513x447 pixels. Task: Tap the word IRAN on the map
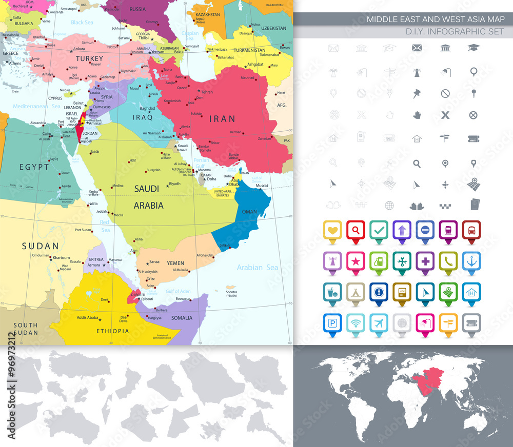pyautogui.click(x=222, y=119)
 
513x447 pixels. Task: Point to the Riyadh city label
pyautogui.click(x=175, y=184)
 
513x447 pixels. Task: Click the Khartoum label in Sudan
pyautogui.click(x=61, y=258)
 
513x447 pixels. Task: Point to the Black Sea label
pyautogui.click(x=82, y=22)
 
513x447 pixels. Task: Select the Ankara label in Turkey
pyautogui.click(x=79, y=49)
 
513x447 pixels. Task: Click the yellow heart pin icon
pyautogui.click(x=333, y=230)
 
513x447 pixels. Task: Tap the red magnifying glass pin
pyautogui.click(x=356, y=230)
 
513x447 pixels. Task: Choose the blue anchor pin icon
pyautogui.click(x=471, y=261)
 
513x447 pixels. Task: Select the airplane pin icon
pyautogui.click(x=379, y=323)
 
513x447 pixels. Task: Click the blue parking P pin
pyautogui.click(x=333, y=323)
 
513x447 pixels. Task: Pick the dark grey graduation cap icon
pyautogui.click(x=473, y=48)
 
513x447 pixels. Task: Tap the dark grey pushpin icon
pyautogui.click(x=416, y=93)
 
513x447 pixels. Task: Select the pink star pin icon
pyautogui.click(x=356, y=261)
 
